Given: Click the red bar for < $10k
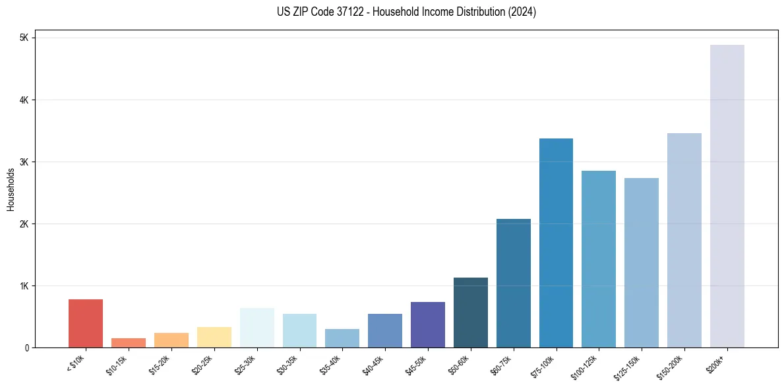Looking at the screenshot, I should click(86, 323).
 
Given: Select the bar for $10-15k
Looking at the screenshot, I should click(129, 343).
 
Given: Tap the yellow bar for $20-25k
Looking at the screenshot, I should click(214, 337).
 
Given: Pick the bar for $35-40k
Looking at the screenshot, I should click(342, 338).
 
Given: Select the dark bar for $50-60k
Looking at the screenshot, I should click(471, 313).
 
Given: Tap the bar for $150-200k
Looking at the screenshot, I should click(684, 240).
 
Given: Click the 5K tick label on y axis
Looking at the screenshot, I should click(24, 38).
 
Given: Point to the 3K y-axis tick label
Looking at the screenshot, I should click(24, 162).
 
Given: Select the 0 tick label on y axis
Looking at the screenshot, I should click(26, 348).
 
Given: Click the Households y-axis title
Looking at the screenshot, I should click(11, 189).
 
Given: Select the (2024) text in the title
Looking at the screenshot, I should click(522, 13).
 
